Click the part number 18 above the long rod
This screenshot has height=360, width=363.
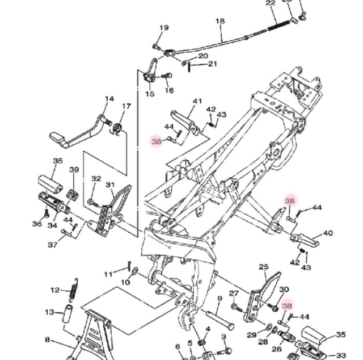coord(220,21)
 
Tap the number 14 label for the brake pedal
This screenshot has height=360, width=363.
coord(109,99)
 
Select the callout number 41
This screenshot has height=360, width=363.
coord(197,101)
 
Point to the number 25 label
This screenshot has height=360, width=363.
coord(264,267)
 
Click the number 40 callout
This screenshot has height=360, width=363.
coord(328,233)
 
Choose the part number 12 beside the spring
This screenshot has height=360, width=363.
coord(56,290)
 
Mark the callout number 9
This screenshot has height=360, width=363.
coord(220,299)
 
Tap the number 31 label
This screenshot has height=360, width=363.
coord(111,185)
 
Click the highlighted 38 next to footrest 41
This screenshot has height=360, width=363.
coord(157,141)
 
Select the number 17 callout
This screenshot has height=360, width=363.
coord(126,106)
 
